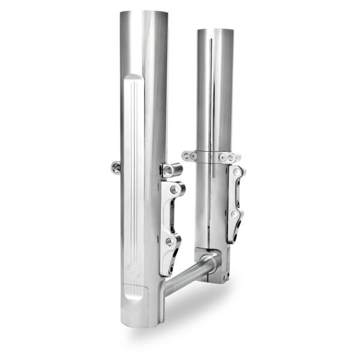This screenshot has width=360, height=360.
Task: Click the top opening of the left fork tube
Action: coord(143,13)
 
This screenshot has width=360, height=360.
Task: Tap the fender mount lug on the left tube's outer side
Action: coord(116,167)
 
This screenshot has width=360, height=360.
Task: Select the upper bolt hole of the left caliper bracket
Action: coord(175,190)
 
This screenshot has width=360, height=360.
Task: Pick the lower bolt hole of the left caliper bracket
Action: coord(171,242)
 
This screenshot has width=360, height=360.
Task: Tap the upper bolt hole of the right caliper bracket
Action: coord(238,173)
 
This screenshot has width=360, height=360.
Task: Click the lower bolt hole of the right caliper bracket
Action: coord(235,214)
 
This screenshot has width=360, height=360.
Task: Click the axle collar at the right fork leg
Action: coord(210,262)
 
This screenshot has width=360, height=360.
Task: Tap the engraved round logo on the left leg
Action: coord(133,272)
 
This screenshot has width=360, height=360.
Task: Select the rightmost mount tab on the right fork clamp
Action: coord(235,157)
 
